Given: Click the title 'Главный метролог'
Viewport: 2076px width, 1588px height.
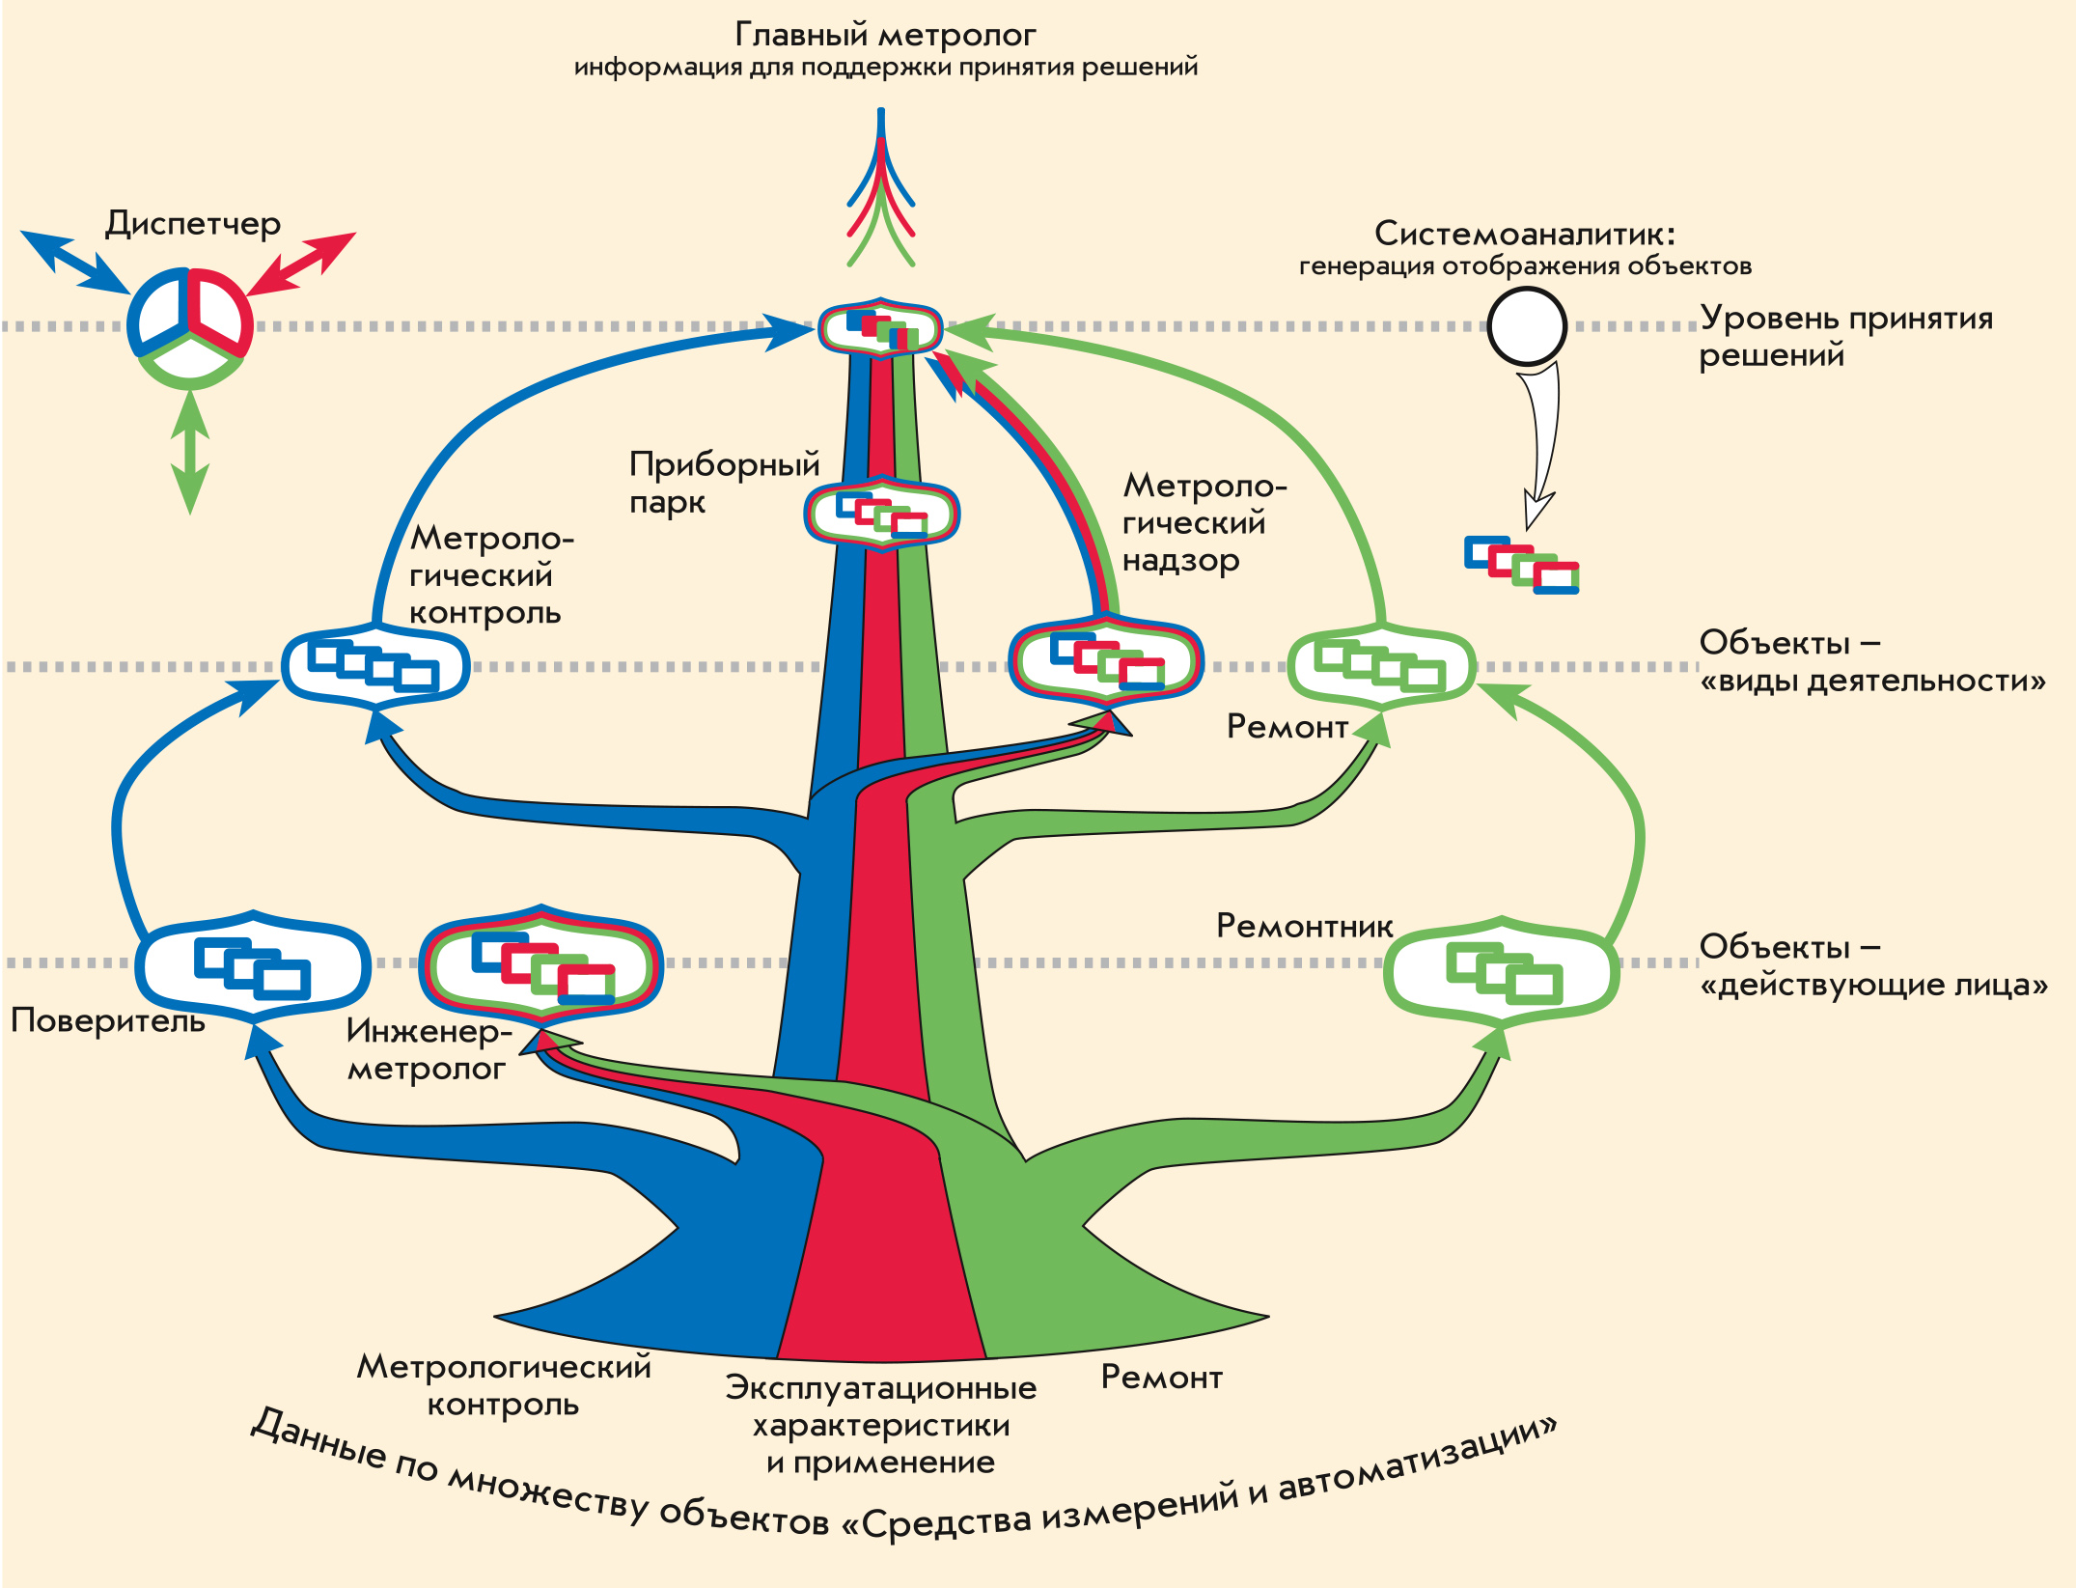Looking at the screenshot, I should [x=885, y=36].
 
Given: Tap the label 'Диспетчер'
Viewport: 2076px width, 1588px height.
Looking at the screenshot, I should [x=193, y=223].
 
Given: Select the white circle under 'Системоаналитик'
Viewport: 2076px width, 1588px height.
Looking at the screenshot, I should [x=1526, y=326].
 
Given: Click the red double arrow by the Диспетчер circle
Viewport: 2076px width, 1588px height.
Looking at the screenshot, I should [x=302, y=263].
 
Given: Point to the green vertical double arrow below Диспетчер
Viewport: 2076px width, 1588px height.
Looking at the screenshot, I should [x=190, y=452].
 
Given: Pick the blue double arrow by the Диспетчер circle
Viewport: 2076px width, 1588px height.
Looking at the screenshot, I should [x=74, y=262].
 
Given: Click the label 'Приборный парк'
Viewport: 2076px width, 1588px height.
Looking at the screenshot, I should [x=724, y=482].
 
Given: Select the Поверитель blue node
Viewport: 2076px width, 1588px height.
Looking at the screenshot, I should [x=252, y=966].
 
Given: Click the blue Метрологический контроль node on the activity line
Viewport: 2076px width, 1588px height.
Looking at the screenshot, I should [x=375, y=666].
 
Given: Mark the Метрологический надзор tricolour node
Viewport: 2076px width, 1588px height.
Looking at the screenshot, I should [x=1106, y=661].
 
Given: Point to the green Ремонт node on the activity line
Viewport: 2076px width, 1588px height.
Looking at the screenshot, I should [x=1381, y=665].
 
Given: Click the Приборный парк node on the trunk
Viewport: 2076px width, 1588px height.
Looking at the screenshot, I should [x=882, y=514].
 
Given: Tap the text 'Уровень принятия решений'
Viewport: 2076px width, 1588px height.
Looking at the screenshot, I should [x=1845, y=336].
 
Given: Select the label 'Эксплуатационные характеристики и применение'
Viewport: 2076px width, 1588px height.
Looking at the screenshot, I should [x=881, y=1425].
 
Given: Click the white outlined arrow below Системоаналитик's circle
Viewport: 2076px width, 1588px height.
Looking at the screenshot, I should [x=1540, y=444].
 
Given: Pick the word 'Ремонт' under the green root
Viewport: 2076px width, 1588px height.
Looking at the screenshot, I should [x=1161, y=1378].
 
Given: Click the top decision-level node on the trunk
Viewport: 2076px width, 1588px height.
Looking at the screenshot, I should [x=880, y=328].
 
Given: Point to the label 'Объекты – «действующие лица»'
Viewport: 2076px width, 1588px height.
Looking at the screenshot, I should [x=1872, y=965].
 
